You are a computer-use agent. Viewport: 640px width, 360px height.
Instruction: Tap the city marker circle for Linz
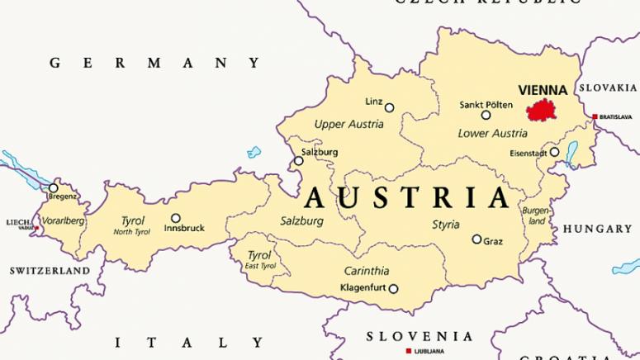point(390,107)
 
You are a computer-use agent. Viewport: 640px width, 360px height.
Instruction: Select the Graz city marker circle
point(476,239)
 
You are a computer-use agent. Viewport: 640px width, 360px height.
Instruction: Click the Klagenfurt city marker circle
point(393,289)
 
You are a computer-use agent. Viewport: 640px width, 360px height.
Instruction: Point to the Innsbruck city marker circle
point(175,219)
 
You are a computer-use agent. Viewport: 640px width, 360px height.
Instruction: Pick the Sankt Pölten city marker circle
point(486,115)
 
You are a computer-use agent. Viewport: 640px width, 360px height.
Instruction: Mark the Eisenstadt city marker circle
point(554,152)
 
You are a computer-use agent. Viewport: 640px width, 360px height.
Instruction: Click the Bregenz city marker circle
point(54,187)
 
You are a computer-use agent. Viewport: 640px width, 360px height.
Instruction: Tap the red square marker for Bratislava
point(595,117)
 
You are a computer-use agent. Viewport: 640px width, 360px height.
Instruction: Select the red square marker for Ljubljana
point(408,351)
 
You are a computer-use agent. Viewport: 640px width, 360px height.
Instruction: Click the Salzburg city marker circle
point(299,162)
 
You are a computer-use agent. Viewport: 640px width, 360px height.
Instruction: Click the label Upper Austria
point(348,125)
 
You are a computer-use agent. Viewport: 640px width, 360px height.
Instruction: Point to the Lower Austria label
point(492,133)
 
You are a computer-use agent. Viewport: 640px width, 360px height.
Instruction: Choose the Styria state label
point(446,225)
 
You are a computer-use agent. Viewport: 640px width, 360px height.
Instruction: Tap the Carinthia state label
point(366,271)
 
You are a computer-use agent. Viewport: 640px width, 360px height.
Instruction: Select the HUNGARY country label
point(597,229)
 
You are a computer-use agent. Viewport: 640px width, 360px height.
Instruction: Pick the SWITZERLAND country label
point(50,271)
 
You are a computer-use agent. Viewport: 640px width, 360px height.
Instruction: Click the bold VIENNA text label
point(542,90)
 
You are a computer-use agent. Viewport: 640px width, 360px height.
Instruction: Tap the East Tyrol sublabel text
point(259,266)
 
